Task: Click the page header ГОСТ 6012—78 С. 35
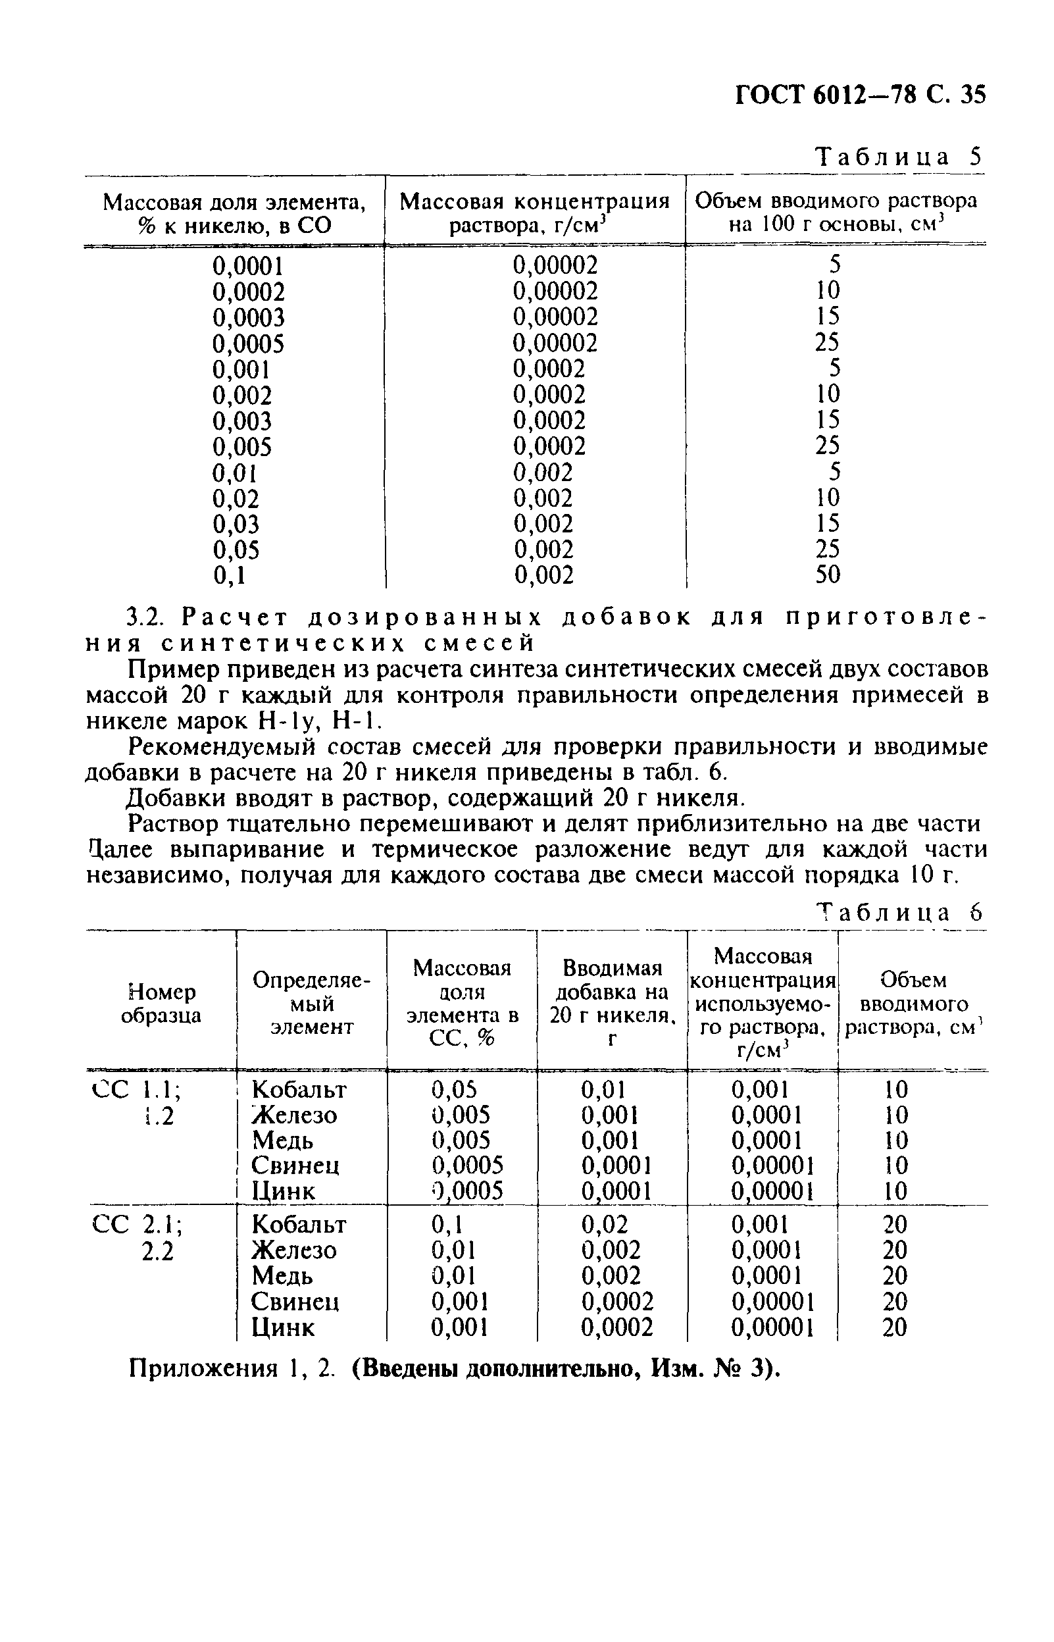click(x=861, y=93)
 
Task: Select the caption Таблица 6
click(x=899, y=912)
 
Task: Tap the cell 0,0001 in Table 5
click(x=248, y=266)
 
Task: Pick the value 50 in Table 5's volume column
click(x=828, y=575)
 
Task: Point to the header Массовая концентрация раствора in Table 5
click(x=534, y=213)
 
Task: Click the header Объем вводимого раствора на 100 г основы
click(x=836, y=212)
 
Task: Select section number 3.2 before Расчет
click(x=143, y=618)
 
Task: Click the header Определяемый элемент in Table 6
click(x=311, y=1004)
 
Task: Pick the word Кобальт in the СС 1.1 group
click(x=299, y=1090)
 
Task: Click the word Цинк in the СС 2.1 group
click(x=283, y=1328)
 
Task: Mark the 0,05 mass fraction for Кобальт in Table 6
click(x=454, y=1090)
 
